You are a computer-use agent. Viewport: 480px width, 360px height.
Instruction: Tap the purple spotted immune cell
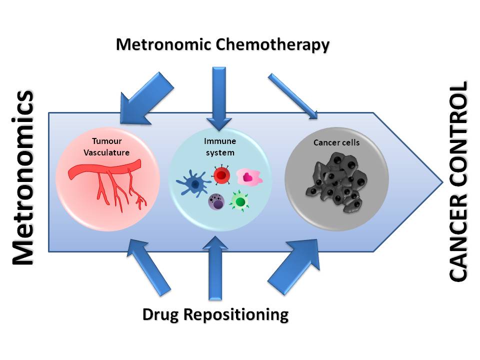pos(216,201)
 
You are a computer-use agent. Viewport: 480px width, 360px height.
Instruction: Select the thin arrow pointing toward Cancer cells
pos(293,96)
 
